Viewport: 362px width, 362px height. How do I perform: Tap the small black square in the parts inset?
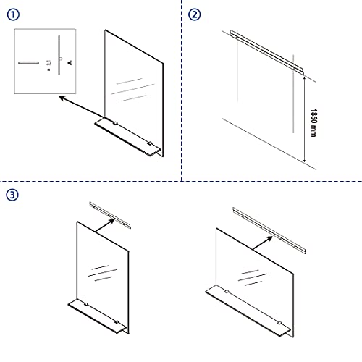pos(48,71)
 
